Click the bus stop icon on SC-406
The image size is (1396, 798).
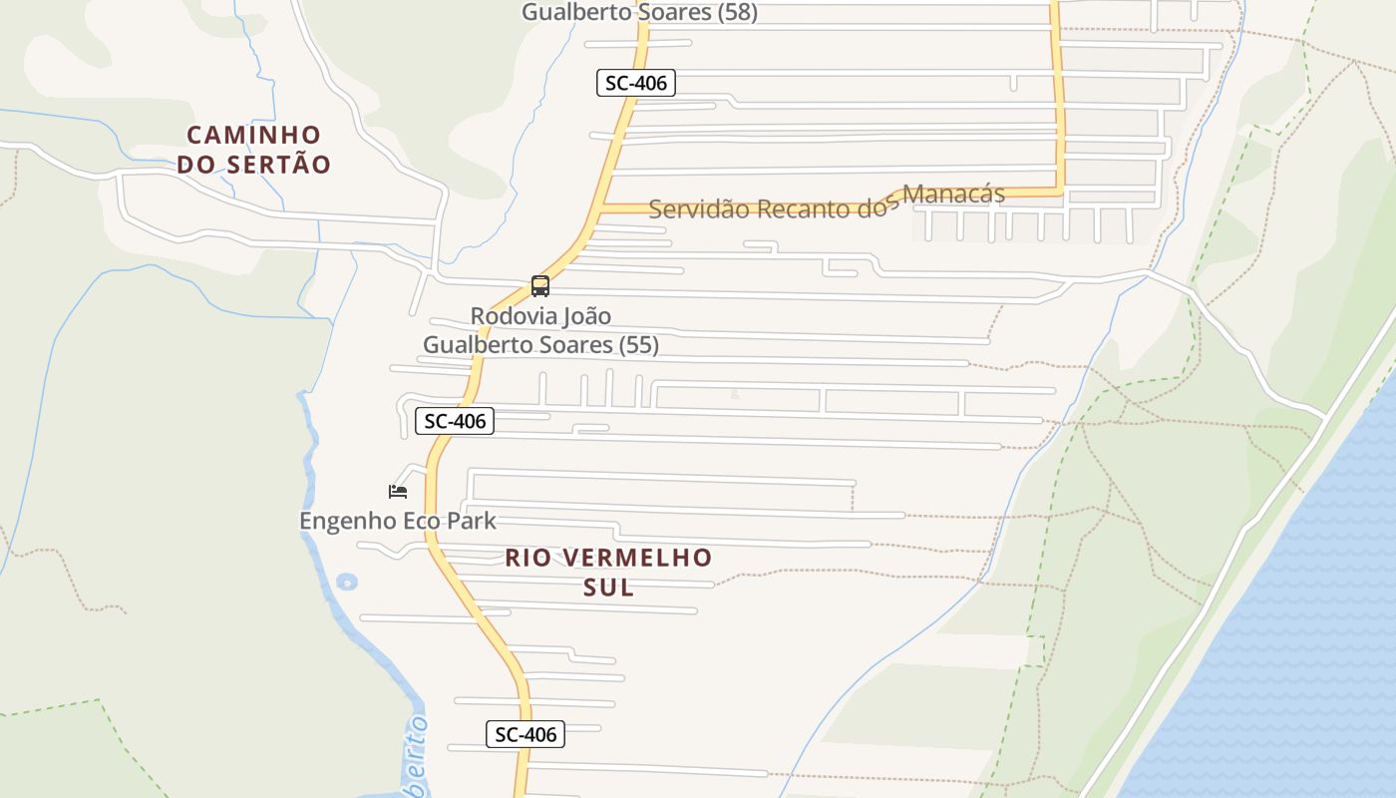(x=540, y=286)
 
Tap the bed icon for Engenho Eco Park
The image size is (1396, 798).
(x=398, y=491)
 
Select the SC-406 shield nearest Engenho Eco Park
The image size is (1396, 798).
(x=455, y=421)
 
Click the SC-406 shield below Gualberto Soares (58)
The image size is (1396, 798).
(x=636, y=83)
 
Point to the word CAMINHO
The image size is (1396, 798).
(x=254, y=135)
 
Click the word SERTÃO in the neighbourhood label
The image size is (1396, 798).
(x=280, y=165)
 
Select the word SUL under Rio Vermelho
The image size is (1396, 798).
(x=608, y=588)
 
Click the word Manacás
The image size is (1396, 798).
(x=954, y=195)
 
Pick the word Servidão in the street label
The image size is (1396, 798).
(x=699, y=209)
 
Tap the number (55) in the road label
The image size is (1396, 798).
(x=638, y=345)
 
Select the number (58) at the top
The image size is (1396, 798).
(x=737, y=12)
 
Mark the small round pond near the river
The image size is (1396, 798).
(x=346, y=581)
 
